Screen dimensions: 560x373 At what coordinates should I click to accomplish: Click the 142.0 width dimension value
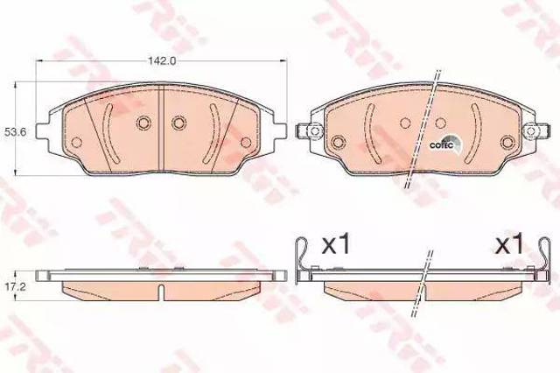[x=162, y=61]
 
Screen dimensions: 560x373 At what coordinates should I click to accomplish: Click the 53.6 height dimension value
[x=13, y=132]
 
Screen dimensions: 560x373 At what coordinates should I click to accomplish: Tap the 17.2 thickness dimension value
[x=14, y=287]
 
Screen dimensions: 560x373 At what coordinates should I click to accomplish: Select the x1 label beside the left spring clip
[x=336, y=245]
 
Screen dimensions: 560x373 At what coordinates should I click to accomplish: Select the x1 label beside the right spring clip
[x=508, y=245]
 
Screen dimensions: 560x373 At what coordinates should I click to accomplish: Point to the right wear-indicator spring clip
[x=544, y=260]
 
